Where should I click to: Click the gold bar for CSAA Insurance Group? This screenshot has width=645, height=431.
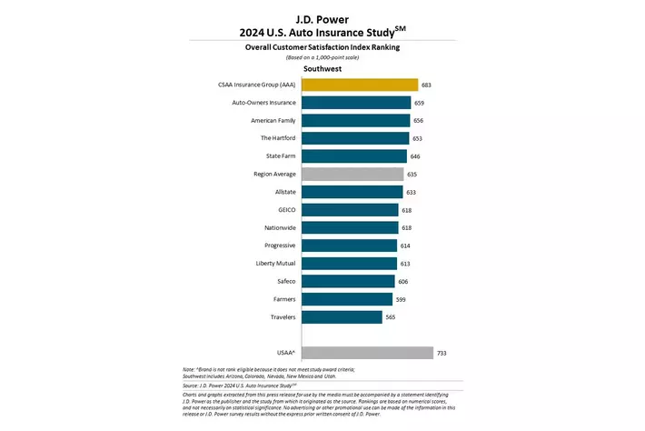tap(359, 85)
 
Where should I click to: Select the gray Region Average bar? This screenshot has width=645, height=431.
tap(352, 174)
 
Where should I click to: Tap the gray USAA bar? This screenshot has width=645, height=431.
tap(367, 353)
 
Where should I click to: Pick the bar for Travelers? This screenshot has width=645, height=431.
tap(342, 316)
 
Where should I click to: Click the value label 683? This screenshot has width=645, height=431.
tap(426, 85)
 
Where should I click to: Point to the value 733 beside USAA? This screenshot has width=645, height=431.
tap(442, 353)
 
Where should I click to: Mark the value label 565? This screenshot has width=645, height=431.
tap(391, 316)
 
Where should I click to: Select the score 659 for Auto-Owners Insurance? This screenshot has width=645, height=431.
tap(419, 103)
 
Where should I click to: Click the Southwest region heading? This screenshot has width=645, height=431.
tap(322, 67)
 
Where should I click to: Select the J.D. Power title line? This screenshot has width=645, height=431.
tap(322, 17)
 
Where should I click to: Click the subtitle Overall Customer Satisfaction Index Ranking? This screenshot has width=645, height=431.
tap(322, 46)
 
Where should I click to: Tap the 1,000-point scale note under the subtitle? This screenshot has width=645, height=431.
tap(322, 56)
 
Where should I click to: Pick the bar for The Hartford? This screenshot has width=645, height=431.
tap(355, 138)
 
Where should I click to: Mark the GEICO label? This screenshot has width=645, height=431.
tap(284, 209)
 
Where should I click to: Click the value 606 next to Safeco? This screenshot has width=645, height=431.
tap(403, 281)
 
